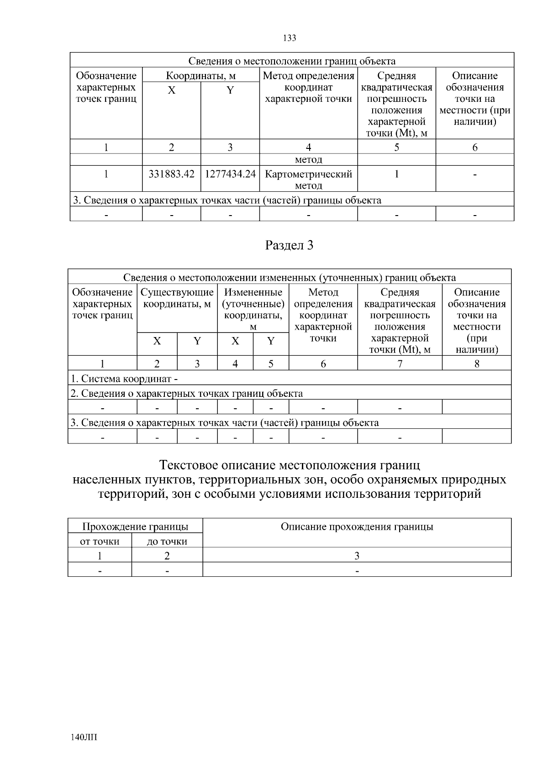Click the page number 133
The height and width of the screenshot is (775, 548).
click(290, 38)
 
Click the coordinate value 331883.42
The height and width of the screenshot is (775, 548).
click(171, 174)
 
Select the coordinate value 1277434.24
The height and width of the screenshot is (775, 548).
click(230, 174)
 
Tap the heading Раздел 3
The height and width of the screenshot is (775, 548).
click(290, 245)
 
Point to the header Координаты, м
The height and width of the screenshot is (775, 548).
click(200, 75)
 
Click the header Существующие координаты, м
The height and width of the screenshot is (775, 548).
click(177, 298)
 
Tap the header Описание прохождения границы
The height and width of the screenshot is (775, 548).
click(357, 527)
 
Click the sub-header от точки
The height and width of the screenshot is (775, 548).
click(100, 542)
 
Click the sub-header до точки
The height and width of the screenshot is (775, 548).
click(167, 542)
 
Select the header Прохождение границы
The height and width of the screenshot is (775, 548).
click(135, 527)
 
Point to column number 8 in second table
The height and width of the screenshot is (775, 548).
click(476, 364)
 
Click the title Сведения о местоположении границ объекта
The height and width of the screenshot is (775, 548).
click(292, 61)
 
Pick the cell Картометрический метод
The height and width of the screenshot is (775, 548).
click(308, 179)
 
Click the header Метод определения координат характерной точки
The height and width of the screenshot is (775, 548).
click(308, 87)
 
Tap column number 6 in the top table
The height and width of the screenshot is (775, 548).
click(474, 147)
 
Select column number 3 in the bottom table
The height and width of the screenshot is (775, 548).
click(357, 556)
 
